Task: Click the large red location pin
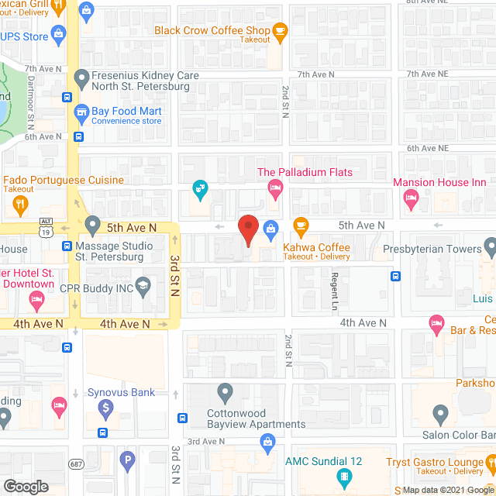pos(248,229)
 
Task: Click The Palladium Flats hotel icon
pos(274,187)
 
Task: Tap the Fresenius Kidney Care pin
pos(81,77)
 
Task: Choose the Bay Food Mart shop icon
pos(81,113)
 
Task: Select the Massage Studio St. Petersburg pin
pos(93,226)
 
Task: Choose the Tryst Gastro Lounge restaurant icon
pos(490,464)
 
